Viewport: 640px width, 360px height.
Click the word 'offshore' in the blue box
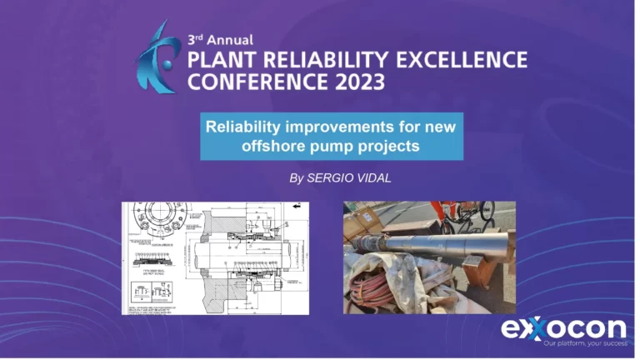point(262,145)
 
